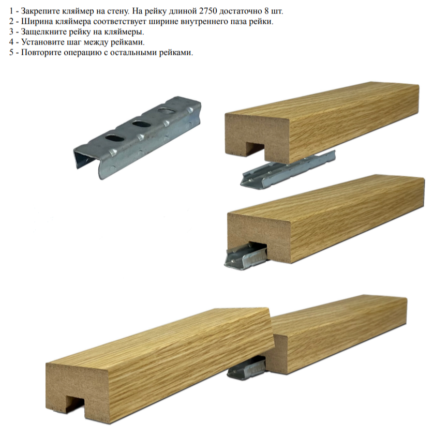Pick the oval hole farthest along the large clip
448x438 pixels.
coord(167,111)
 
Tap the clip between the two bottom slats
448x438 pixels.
coord(248,369)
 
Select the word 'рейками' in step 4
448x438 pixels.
coord(127,42)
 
